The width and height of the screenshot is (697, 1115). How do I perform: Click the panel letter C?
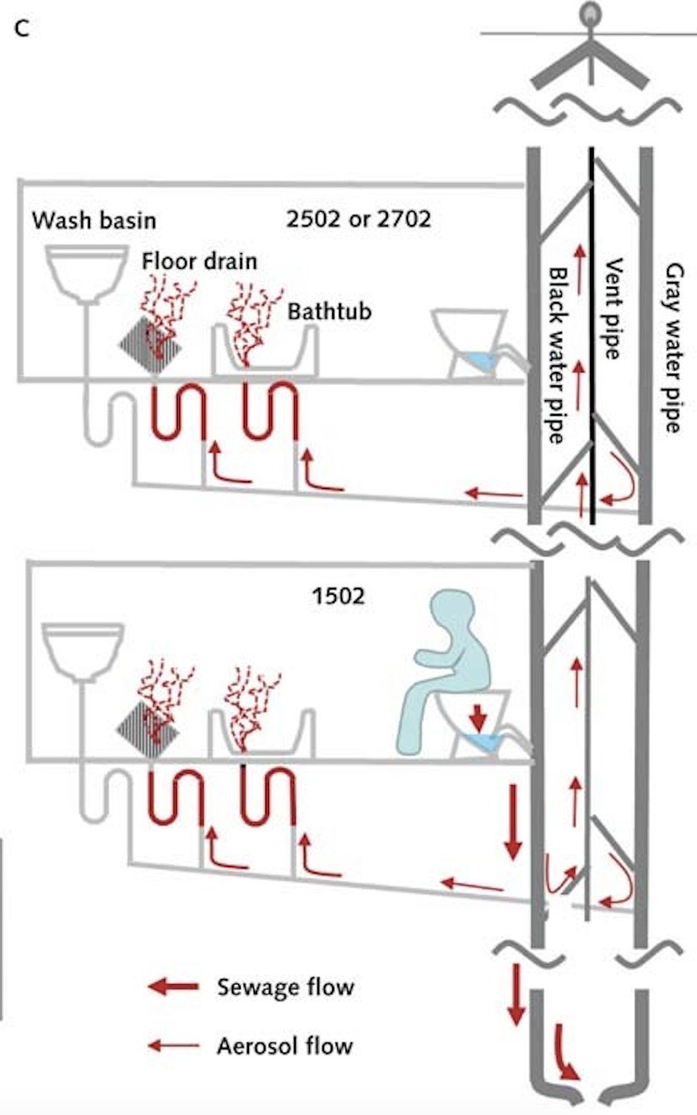coord(22,29)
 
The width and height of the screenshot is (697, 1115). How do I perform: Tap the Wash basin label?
coord(94,220)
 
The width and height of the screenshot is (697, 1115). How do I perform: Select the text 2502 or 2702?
coord(358,218)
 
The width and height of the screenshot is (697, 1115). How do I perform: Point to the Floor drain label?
coord(199,261)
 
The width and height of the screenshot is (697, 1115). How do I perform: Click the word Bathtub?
coord(329,310)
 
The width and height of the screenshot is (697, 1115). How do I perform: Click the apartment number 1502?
coord(338,596)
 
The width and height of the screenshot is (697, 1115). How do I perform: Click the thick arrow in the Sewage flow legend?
coord(174,987)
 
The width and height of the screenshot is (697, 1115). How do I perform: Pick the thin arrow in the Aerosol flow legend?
coord(174,1046)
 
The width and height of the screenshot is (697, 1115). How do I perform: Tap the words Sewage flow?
coord(285,987)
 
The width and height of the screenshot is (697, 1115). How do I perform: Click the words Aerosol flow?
coord(285,1046)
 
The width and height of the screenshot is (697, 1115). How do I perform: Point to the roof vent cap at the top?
coord(590,56)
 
